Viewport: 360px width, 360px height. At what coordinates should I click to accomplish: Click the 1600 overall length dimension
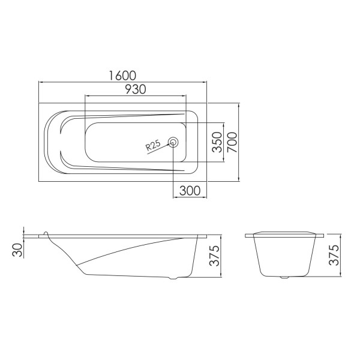[x=122, y=76]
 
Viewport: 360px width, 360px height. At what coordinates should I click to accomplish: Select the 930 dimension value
[x=135, y=89]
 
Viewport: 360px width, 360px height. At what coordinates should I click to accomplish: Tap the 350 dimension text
[x=217, y=142]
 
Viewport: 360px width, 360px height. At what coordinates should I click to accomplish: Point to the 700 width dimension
[x=232, y=142]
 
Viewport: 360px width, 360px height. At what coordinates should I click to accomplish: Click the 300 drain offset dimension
[x=190, y=191]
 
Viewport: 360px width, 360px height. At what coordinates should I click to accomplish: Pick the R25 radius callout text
[x=153, y=145]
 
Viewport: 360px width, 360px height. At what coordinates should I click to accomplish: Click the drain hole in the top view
[x=173, y=142]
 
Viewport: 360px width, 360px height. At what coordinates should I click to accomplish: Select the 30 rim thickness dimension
[x=17, y=250]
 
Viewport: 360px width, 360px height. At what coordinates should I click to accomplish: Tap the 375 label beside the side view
[x=214, y=256]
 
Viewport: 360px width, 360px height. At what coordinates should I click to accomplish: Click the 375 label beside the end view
[x=334, y=255]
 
